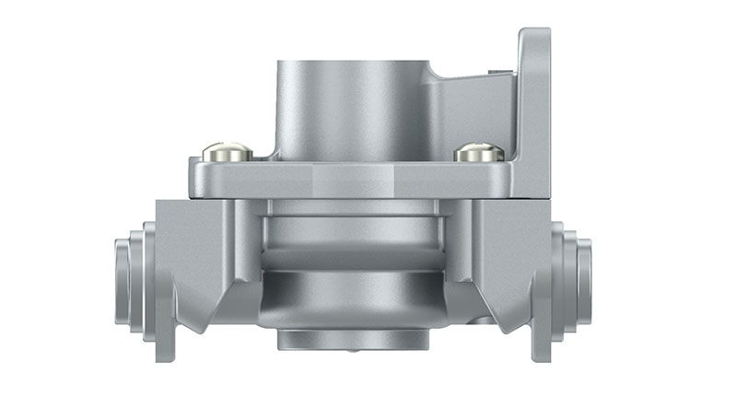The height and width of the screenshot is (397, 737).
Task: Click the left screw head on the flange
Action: click(227, 150)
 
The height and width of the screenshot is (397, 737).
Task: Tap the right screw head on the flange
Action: click(479, 151)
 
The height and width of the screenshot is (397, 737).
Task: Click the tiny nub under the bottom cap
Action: click(353, 351)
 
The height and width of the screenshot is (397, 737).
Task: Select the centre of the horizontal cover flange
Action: click(353, 179)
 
